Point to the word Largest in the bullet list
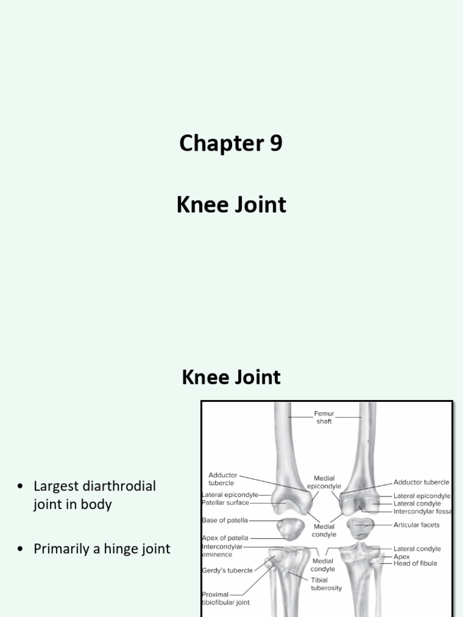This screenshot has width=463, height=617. [x=56, y=486]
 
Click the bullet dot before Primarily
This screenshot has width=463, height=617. [x=21, y=550]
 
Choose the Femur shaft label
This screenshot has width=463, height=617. [x=323, y=418]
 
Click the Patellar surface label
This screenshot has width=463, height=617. [x=225, y=503]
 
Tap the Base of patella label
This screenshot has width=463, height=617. [x=225, y=520]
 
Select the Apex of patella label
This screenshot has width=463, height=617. [x=225, y=538]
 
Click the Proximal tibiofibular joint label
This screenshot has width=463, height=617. [x=225, y=598]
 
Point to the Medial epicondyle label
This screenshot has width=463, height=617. [x=324, y=481]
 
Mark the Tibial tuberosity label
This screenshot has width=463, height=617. [x=327, y=584]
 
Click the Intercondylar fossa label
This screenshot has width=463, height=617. [x=422, y=511]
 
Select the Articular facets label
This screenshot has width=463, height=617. [x=417, y=525]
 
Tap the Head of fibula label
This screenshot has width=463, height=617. [x=415, y=563]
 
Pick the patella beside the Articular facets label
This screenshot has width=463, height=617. [x=361, y=527]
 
